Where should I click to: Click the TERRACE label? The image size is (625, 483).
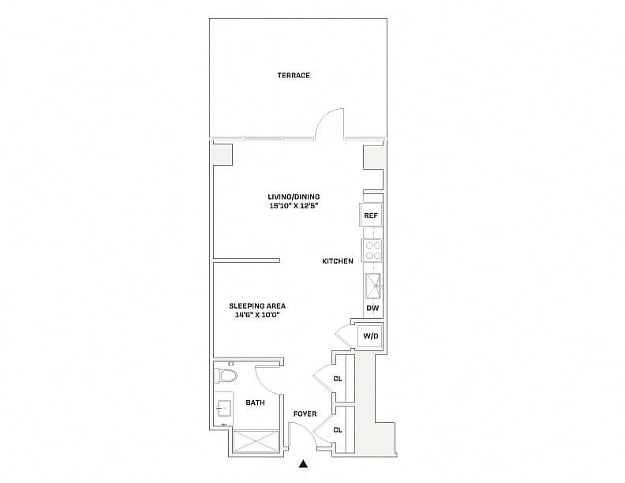294,75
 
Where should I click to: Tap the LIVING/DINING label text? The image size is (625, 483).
294,197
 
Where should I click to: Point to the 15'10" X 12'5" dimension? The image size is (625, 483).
294,206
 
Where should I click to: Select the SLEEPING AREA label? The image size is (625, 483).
257,306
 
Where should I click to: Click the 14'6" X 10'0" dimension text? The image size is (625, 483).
257,315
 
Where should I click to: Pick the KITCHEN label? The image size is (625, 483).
338,261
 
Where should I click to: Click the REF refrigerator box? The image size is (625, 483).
371,215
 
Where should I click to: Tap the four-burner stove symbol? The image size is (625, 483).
372,250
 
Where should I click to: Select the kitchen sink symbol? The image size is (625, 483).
373,286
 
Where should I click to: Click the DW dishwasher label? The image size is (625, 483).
372,308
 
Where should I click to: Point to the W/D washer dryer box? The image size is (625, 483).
370,336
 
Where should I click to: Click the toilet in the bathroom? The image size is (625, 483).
226,375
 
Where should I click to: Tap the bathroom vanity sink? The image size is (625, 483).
223,408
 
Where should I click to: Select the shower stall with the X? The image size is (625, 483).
256,441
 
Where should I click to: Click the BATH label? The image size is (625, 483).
255,402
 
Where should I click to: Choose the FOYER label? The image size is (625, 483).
305,414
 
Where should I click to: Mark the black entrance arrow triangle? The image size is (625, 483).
303,463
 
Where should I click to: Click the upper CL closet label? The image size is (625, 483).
338,379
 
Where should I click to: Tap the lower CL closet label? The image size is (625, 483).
338,430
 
